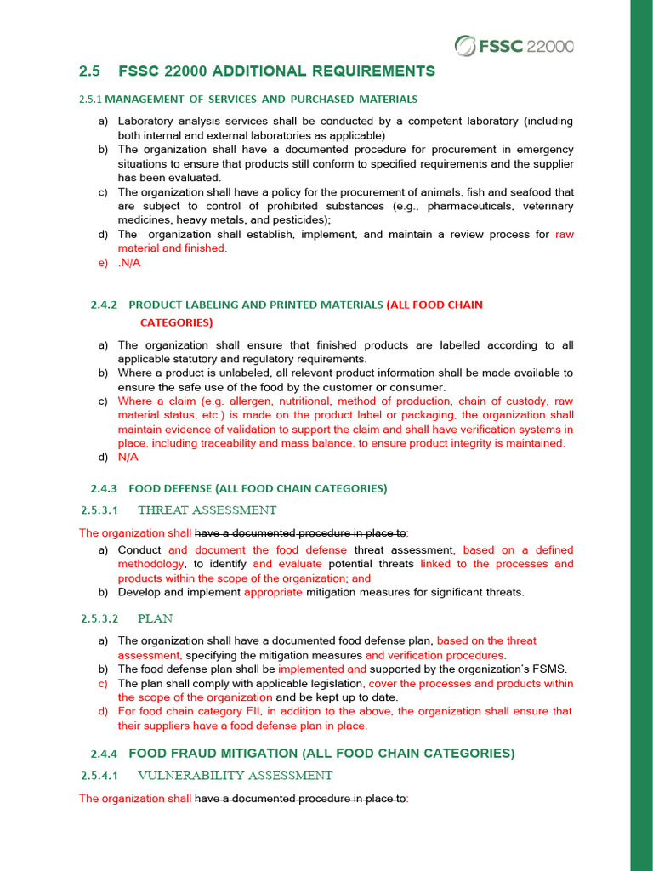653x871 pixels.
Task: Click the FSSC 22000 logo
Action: (514, 45)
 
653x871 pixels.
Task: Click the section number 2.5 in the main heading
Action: (89, 71)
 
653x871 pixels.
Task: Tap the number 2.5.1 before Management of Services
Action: (90, 100)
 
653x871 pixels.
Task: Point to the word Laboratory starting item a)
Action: (146, 122)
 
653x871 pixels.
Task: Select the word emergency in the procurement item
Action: (542, 150)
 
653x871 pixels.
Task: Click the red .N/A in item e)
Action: (129, 263)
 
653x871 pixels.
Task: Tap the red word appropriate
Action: (273, 592)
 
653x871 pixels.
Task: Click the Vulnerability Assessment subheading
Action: (235, 776)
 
